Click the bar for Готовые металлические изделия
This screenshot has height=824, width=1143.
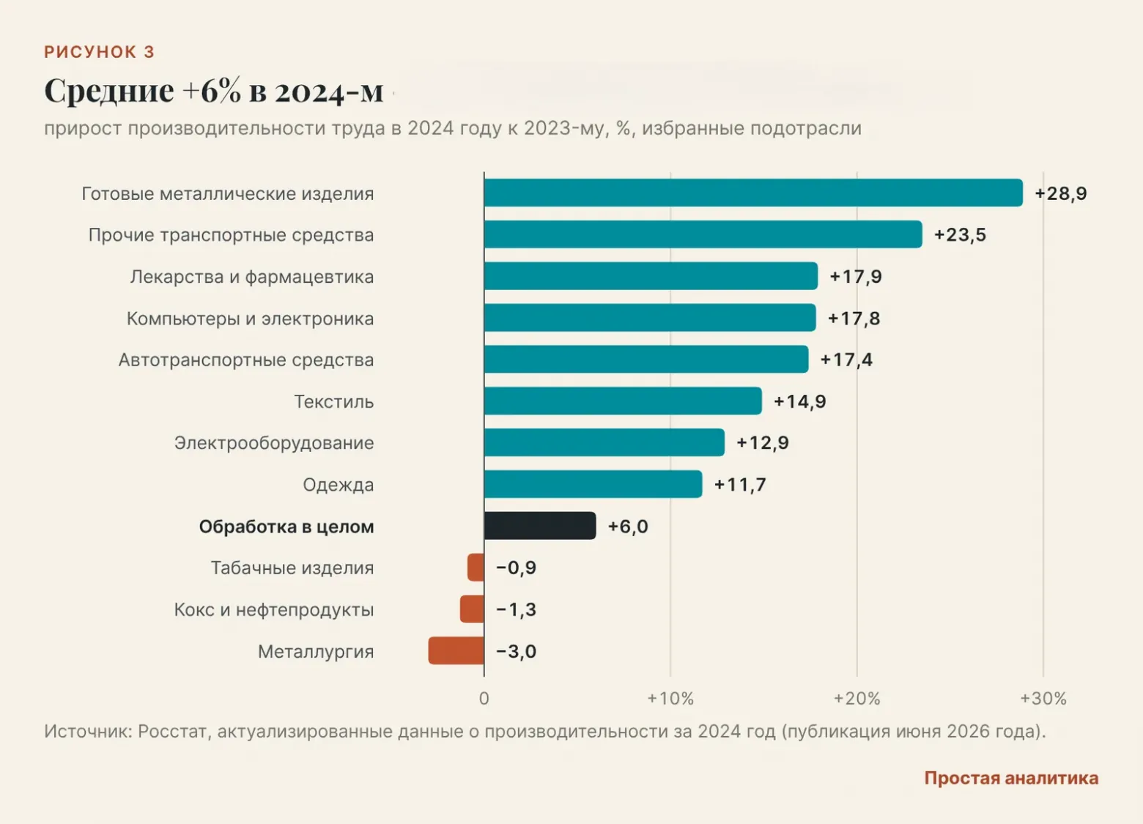coord(753,193)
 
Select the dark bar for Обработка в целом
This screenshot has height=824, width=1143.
coord(540,525)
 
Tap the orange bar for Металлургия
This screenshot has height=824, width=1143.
coord(456,650)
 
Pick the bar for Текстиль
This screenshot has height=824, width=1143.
coord(623,401)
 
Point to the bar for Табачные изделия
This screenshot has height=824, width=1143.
coord(476,568)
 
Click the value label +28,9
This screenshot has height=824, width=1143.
coord(1061,193)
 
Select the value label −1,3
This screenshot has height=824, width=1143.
coord(517,609)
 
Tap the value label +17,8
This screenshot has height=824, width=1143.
coord(854,319)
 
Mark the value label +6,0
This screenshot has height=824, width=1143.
coord(628,526)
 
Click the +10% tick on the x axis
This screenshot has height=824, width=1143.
coord(670,699)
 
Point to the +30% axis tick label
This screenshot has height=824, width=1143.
coord(1043,699)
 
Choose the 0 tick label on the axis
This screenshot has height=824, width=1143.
coord(484,699)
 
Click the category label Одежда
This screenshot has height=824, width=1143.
coord(339,485)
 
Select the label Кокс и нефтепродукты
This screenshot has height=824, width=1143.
coord(274,609)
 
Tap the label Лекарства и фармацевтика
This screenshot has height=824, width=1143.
coord(252,277)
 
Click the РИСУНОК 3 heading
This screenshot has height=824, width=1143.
coord(100,52)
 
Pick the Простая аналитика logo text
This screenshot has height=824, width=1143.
coord(1011,778)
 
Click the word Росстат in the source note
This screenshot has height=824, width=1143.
coord(172,731)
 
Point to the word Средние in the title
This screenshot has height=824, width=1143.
coord(109,92)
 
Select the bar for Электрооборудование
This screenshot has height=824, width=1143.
coord(604,442)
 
